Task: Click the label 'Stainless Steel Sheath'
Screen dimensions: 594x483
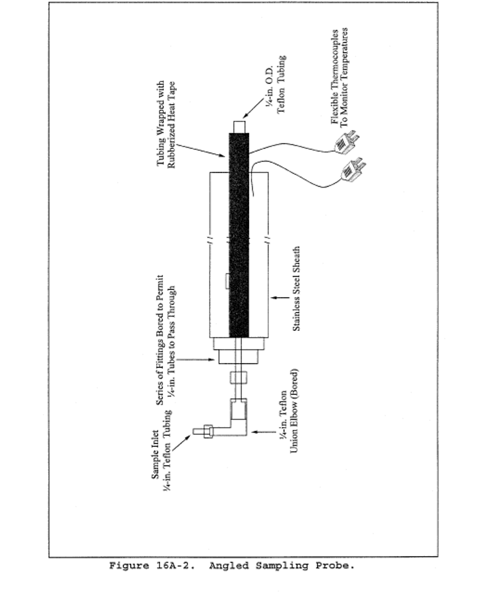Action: point(296,289)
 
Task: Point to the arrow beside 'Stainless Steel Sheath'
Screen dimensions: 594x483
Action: point(280,297)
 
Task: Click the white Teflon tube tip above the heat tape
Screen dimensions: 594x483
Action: point(239,127)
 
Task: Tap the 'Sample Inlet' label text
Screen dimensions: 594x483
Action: point(155,453)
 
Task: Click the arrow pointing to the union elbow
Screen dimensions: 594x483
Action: point(264,432)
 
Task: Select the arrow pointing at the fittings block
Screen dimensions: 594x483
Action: point(196,360)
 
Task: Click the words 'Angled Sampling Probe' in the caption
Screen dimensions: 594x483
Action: point(281,565)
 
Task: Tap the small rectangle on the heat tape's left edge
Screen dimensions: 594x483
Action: point(227,281)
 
